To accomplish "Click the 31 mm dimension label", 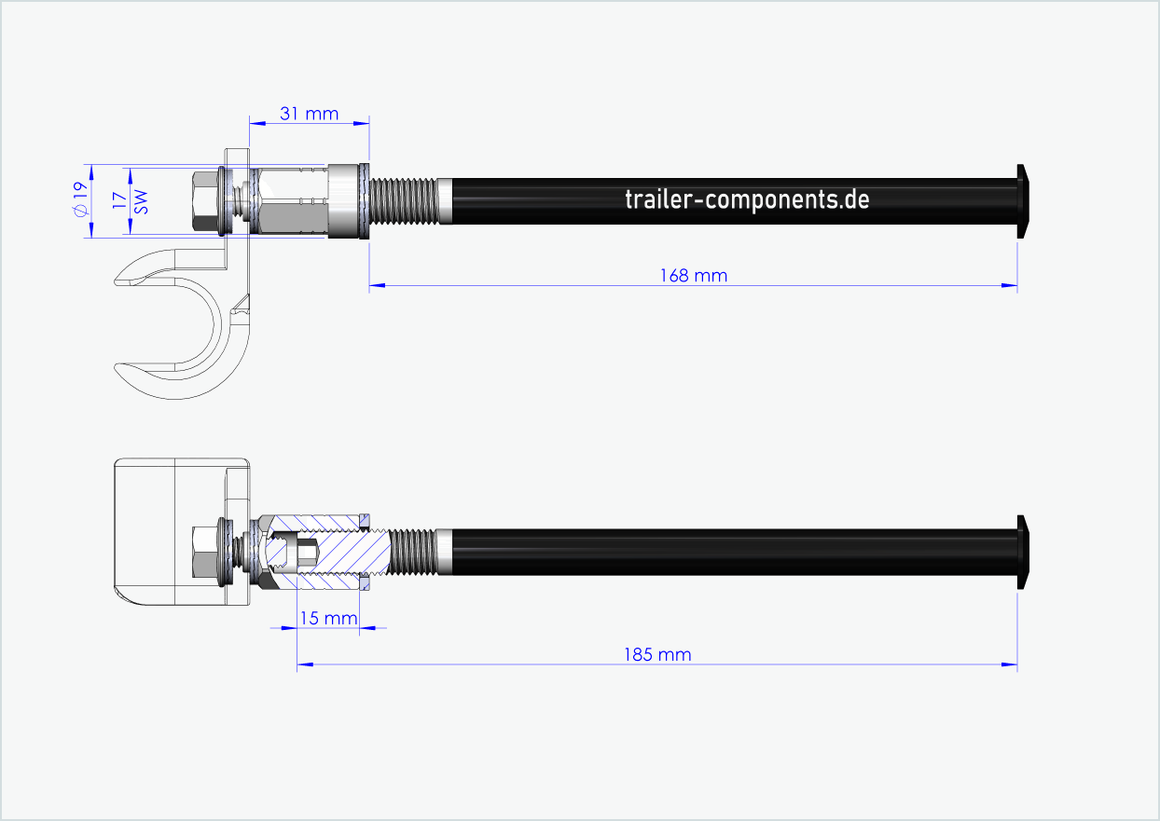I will pyautogui.click(x=309, y=114).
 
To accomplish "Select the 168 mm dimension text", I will pyautogui.click(x=692, y=275).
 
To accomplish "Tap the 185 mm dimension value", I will pyautogui.click(x=657, y=654).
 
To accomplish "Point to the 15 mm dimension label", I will pyautogui.click(x=327, y=618).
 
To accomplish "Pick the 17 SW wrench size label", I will pyautogui.click(x=131, y=200).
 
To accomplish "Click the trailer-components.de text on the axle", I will pyautogui.click(x=747, y=198).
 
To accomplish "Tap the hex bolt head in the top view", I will pyautogui.click(x=203, y=200).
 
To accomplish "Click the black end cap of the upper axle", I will pyautogui.click(x=1023, y=200).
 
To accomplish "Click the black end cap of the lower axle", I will pyautogui.click(x=1023, y=552).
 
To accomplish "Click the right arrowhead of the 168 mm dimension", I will pyautogui.click(x=1010, y=285).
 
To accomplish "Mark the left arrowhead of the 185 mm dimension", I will pyautogui.click(x=303, y=664).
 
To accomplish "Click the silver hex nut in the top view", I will pyautogui.click(x=294, y=200).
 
